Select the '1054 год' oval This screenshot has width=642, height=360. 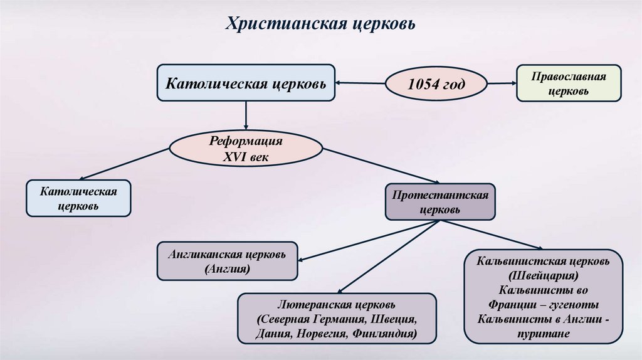pos(436,83)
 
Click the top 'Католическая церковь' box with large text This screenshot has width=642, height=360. pos(246,83)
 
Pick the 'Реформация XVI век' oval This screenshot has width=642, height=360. pos(246,149)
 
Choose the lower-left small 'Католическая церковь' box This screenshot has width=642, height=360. pos(79,197)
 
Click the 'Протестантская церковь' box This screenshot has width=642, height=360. pos(440,201)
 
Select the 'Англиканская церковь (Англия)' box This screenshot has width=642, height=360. pos(227,262)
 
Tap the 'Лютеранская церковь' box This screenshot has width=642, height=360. pos(337,319)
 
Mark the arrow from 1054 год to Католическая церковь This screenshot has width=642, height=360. pos(360,82)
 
